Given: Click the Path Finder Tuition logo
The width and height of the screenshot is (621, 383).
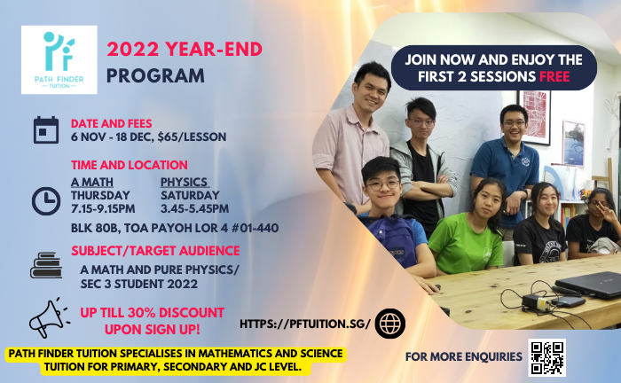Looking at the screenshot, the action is (x=59, y=59).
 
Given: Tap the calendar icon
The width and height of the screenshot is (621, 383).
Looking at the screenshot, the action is (x=46, y=129).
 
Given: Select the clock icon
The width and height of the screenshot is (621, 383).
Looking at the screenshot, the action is (x=46, y=201).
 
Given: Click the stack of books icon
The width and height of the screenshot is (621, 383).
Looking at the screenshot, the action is (x=46, y=265).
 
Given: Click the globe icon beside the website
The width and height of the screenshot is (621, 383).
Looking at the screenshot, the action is (x=390, y=324).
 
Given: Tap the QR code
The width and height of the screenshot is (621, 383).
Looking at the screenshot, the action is (x=547, y=357).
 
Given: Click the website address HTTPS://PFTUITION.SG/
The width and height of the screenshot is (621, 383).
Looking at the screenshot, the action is (x=305, y=324).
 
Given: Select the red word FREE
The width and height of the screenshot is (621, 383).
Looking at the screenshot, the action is (x=554, y=76).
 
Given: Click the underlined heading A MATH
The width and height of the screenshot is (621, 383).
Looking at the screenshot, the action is (x=92, y=182).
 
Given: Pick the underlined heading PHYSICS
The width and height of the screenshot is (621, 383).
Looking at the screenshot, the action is (x=185, y=182).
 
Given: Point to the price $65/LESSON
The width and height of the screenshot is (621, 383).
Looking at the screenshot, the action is (x=193, y=137).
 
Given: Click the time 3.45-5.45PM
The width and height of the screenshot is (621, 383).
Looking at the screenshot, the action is (x=194, y=208).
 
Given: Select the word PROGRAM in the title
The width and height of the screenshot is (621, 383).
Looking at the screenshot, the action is (x=155, y=75).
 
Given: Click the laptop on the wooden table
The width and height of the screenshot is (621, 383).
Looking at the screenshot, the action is (x=588, y=285).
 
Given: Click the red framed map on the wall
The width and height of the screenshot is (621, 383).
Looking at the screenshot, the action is (x=535, y=117).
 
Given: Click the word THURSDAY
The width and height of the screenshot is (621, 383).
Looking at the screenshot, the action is (x=100, y=195).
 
